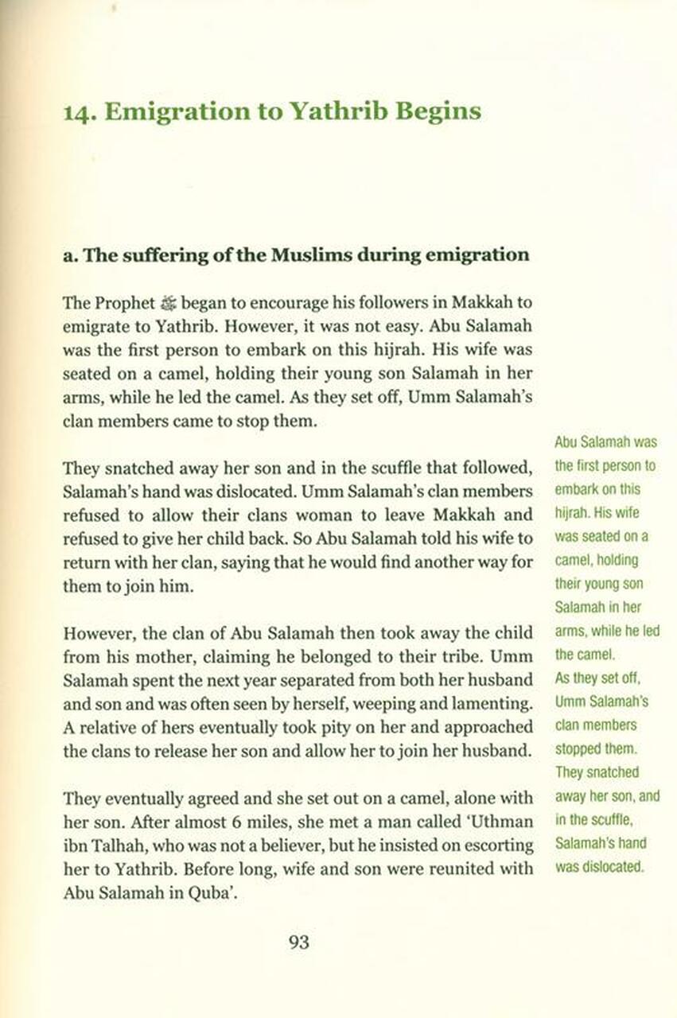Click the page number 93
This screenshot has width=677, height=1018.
click(x=299, y=942)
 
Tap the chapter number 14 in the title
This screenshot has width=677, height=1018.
click(x=78, y=111)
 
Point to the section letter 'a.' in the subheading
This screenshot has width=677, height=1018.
click(x=69, y=255)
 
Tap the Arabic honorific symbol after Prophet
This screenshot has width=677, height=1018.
click(x=171, y=304)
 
